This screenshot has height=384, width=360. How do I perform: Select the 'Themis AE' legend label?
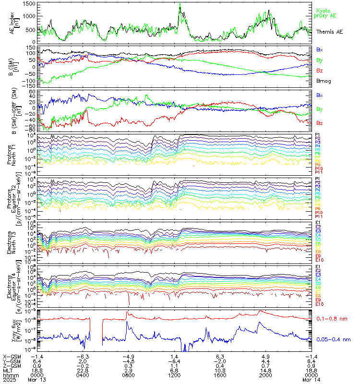coord(329,31)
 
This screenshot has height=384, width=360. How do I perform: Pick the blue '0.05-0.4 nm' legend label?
coord(336,339)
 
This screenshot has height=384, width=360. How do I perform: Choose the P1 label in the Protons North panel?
coord(317,134)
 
